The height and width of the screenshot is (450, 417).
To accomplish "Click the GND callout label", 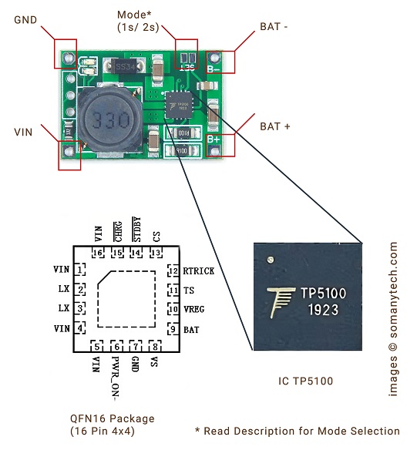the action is pos(25,20).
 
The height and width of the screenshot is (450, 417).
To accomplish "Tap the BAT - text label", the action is pos(274,27).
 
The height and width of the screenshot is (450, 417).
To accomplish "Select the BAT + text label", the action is pos(274,126).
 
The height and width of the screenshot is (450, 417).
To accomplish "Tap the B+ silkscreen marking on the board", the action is pos(214,139).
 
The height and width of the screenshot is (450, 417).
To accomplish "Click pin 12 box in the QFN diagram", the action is pos(173,270).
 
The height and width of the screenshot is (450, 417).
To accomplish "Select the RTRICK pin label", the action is pos(199,271).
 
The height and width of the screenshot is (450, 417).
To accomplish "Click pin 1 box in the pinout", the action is pos(80,270).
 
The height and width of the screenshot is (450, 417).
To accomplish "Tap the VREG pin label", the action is pos(194,310).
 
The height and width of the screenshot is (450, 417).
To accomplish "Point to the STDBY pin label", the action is pos(137,230).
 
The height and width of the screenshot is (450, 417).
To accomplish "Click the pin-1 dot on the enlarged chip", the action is pos(270,260).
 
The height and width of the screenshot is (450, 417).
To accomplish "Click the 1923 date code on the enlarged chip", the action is pos(323,310).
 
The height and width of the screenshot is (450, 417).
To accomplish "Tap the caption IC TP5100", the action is pos(305,381).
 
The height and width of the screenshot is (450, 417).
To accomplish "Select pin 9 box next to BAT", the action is pos(173,329).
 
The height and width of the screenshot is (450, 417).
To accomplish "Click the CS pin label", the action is pos(156,237).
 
